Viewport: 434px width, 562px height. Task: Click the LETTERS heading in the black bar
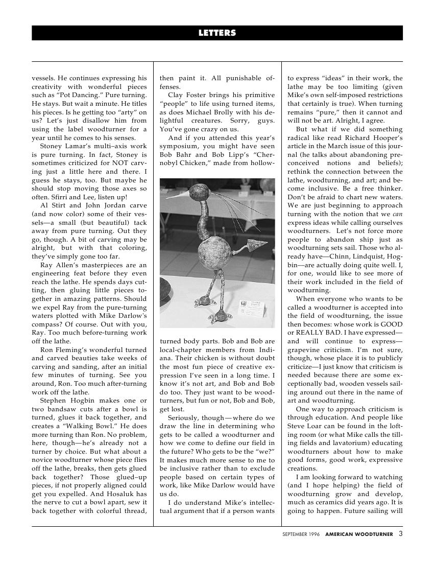coord(217,33)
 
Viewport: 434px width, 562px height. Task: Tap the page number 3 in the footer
coord(400,534)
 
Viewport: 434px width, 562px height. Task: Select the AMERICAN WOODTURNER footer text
coord(359,535)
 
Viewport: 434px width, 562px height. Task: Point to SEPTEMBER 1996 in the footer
coord(301,535)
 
